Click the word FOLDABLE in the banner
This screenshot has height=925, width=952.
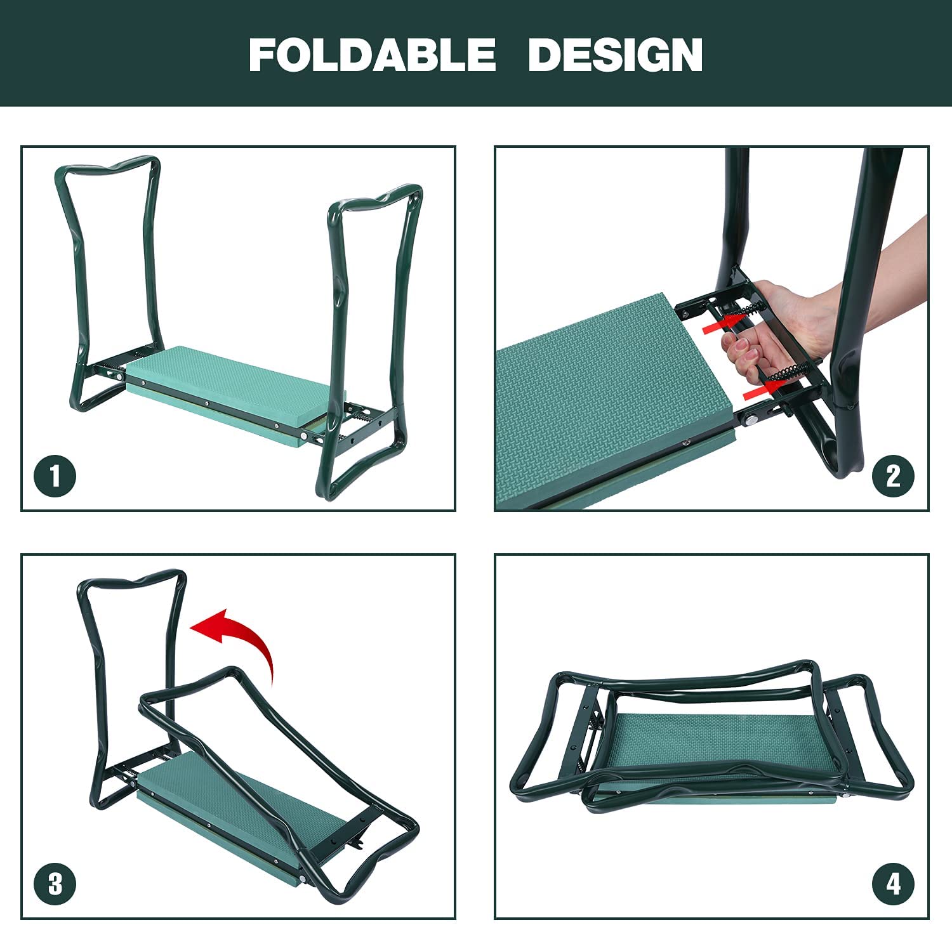[x=372, y=55]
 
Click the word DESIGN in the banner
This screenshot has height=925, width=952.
[x=615, y=55]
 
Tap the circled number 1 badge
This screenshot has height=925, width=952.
[x=55, y=476]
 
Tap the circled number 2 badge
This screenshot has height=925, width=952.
[x=893, y=476]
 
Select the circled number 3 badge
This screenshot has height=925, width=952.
[x=55, y=884]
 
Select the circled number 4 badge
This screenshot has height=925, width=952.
[x=893, y=884]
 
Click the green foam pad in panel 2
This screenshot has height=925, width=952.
[x=603, y=393]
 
